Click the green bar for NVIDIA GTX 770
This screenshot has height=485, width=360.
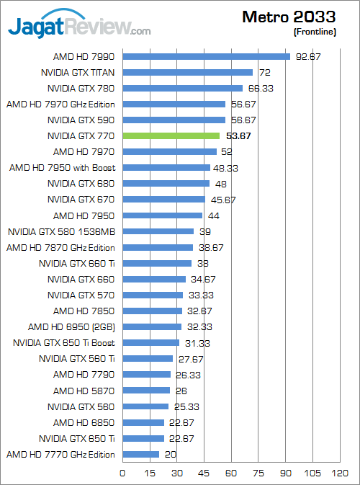(171, 135)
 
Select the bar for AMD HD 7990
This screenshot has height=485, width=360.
(207, 56)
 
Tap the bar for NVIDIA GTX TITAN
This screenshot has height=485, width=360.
(188, 72)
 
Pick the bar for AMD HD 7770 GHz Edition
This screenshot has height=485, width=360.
(141, 454)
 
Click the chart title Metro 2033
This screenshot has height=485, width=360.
(289, 17)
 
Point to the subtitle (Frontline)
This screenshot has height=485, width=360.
(315, 32)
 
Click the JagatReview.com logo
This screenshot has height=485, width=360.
(79, 27)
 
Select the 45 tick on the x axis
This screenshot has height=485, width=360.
(204, 473)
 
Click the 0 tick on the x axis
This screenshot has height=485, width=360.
(123, 473)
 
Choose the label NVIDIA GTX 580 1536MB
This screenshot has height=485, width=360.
(62, 231)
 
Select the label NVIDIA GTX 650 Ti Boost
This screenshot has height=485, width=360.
(65, 342)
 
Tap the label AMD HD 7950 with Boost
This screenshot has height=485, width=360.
(63, 167)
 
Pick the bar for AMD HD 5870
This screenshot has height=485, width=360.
(146, 390)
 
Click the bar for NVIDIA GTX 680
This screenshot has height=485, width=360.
(166, 183)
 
